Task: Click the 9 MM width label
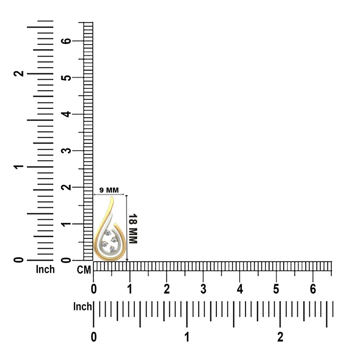109,190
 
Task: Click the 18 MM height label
133,229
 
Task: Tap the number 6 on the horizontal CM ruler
313,289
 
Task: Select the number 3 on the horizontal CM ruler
203,289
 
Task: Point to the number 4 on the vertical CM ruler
66,114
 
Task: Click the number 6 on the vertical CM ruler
66,41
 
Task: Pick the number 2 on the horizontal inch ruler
280,337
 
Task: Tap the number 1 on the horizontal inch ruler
187,337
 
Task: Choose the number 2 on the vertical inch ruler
19,73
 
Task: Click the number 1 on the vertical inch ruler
19,167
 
